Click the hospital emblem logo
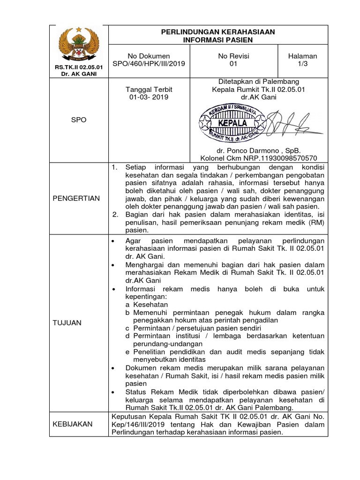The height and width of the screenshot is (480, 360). [79, 45]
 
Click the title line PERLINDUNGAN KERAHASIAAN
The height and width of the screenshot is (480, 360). [218, 31]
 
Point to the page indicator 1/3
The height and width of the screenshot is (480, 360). [302, 64]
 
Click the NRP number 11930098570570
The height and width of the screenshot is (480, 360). [285, 158]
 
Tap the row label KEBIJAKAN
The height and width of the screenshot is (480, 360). [79, 424]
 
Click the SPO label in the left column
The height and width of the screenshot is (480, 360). [79, 120]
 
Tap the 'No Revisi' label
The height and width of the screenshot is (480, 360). [233, 56]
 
